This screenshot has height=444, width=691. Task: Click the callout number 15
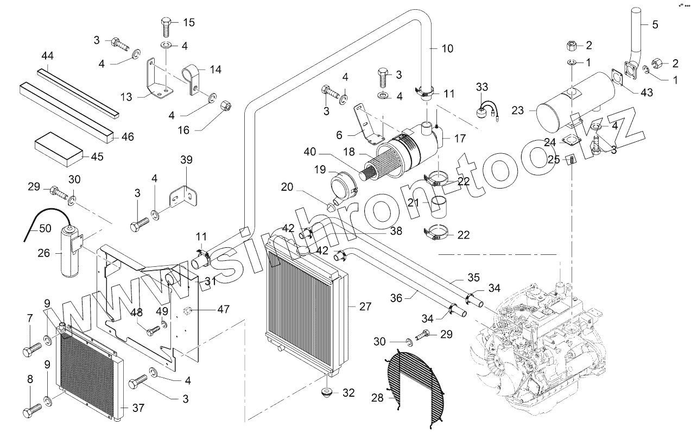coord(188,23)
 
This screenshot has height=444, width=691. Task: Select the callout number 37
coord(138,408)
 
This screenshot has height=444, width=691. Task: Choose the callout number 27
coord(365,307)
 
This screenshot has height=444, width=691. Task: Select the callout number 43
coord(646,93)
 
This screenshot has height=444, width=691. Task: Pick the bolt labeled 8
coord(31,409)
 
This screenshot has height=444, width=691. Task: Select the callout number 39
coord(186,159)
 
